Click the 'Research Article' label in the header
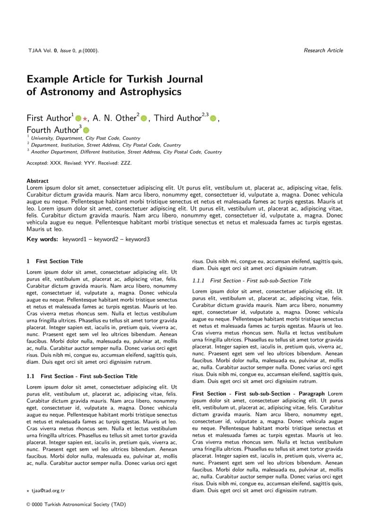pos(323,51)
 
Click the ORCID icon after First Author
pos(78,119)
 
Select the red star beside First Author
pos(85,119)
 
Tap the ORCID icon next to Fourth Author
pos(86,130)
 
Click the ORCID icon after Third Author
pos(213,119)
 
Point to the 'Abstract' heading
pos(37,181)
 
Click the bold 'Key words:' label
pos(42,239)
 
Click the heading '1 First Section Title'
pos(55,261)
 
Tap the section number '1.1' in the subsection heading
pos(31,376)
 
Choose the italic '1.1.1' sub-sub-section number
pos(198,281)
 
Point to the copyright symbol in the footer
pos(28,505)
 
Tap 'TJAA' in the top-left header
pos(34,51)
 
